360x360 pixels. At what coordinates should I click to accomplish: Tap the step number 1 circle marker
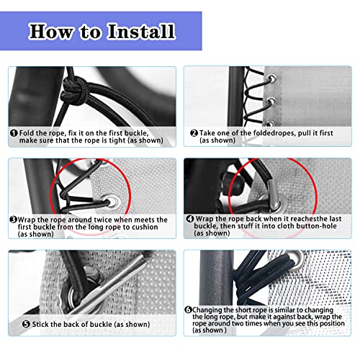[x=14, y=132]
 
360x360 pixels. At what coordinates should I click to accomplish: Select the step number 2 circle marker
[x=194, y=132]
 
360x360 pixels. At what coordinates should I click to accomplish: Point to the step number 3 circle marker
[x=14, y=220]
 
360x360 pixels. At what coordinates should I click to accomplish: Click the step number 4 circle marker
[x=190, y=218]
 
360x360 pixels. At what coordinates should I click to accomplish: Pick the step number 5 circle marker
[x=14, y=324]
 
